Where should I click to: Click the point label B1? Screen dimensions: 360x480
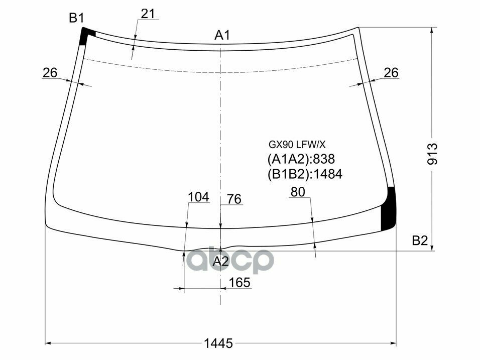click(x=76, y=19)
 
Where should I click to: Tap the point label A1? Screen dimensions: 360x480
click(x=222, y=35)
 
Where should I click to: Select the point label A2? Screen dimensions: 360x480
click(x=220, y=262)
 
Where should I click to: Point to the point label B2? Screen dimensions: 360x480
click(x=419, y=241)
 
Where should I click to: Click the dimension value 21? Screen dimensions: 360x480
click(x=148, y=14)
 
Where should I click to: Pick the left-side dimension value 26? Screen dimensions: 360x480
click(x=50, y=73)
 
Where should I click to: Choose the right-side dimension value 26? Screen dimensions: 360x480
click(x=391, y=73)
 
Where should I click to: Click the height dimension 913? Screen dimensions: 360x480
click(x=433, y=154)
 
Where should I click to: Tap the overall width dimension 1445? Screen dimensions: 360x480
click(x=218, y=343)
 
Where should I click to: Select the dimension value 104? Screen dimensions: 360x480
click(x=198, y=197)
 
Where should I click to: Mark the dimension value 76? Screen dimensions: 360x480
click(x=234, y=199)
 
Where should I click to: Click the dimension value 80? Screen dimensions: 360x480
click(x=298, y=191)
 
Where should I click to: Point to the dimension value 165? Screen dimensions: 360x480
click(x=239, y=283)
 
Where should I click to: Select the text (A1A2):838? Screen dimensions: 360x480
click(x=301, y=160)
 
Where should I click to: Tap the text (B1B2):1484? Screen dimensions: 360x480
click(x=304, y=174)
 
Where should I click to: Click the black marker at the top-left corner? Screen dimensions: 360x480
click(x=87, y=36)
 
